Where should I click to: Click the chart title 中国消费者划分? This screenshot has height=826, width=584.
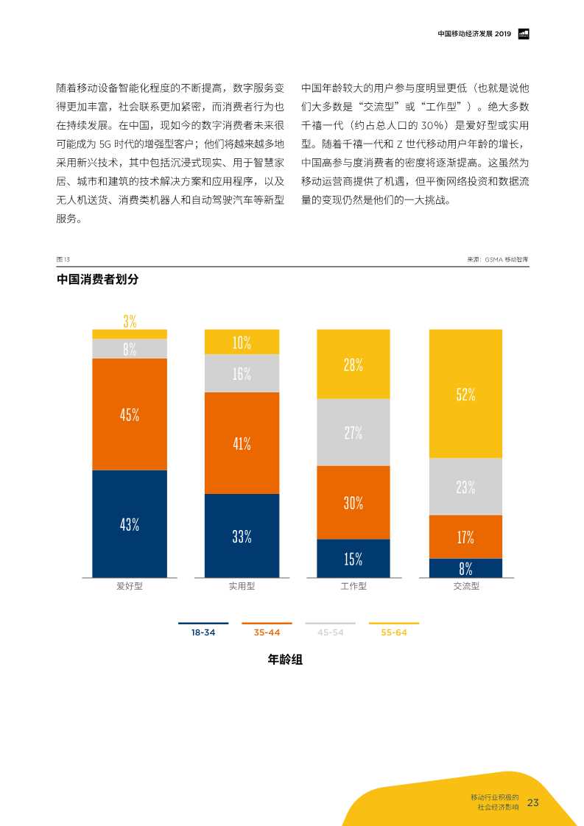pos(97,280)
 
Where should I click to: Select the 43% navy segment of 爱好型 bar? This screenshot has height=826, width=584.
pos(130,523)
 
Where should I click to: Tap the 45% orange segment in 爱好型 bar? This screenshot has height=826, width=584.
pos(130,414)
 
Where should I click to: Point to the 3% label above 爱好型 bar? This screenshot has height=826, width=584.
pos(130,321)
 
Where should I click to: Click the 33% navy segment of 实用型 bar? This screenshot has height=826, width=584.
pos(242,536)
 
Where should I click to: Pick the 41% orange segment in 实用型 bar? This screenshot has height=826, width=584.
pos(242,443)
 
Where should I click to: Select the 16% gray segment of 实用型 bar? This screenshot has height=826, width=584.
pos(242,373)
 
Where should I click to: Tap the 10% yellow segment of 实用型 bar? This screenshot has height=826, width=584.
pos(242,342)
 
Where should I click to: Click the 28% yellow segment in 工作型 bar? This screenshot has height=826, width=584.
pos(353,364)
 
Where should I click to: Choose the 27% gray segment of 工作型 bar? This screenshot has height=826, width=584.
pos(353,432)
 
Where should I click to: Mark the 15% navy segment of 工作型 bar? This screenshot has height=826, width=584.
pos(353,559)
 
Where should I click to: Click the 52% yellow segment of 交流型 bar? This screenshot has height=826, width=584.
pos(465,394)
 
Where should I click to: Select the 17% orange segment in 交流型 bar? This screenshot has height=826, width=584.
pos(465,537)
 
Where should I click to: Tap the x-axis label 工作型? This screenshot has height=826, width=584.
pos(353,587)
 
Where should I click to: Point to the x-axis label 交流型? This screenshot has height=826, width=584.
pos(465,587)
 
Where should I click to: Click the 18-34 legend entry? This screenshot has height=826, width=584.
pos(203,632)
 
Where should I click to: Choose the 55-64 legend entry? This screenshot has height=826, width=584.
pos(394,632)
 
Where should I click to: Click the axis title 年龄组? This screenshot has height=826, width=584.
pos(285,660)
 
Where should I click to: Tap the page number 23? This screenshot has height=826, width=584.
pos(533,802)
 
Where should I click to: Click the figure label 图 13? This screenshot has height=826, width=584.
pos(63,260)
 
